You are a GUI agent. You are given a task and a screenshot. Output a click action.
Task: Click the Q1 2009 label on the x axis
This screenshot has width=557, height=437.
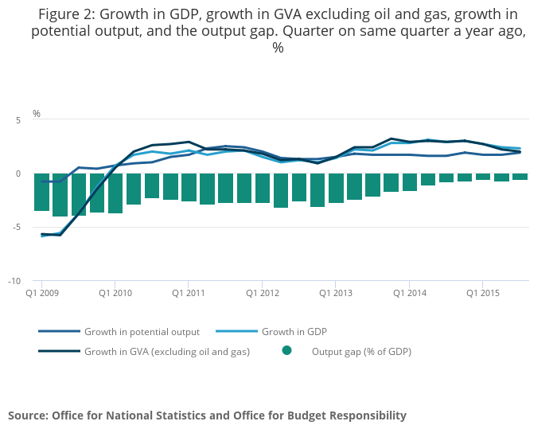coord(41,294)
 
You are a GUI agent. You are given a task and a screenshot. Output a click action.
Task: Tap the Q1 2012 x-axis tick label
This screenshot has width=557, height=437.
coord(263,294)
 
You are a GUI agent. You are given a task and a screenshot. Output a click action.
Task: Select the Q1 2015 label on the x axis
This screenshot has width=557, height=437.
coord(482,294)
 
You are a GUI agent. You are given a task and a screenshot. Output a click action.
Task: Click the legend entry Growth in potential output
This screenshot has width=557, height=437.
coord(142,332)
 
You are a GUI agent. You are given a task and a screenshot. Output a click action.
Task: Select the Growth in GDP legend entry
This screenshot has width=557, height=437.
coord(294,332)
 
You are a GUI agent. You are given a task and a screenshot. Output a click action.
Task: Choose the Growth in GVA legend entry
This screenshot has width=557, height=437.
coord(167,351)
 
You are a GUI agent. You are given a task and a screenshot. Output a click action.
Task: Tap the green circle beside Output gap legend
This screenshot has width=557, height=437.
coord(286,350)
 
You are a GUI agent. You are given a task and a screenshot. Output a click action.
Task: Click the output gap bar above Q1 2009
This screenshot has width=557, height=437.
coord(41,192)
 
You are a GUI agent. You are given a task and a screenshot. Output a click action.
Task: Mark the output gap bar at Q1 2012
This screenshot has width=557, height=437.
coord(263,188)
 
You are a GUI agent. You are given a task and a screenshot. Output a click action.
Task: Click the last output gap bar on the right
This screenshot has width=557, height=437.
coord(520,177)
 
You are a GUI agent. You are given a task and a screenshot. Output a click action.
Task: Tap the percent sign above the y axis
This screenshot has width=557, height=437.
coord(37,114)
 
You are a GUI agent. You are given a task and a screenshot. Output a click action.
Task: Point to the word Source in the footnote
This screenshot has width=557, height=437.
coord(27,416)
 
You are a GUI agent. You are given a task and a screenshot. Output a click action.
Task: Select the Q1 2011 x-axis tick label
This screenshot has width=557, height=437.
coord(189,294)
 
